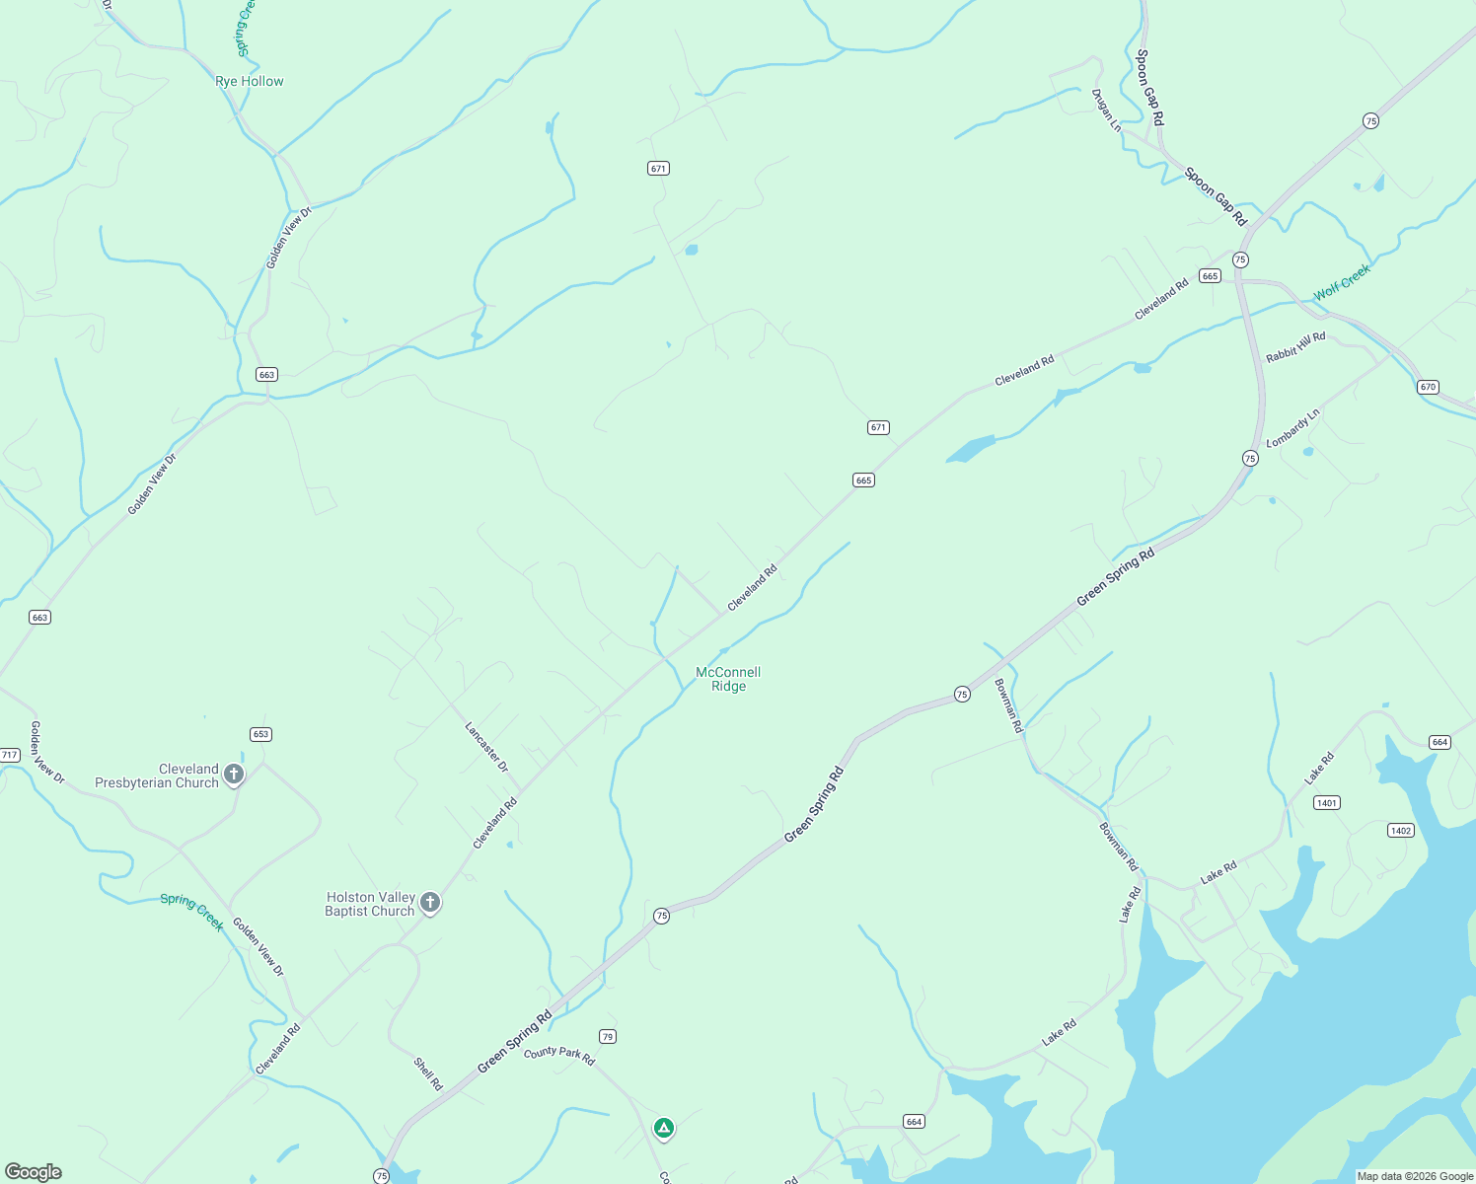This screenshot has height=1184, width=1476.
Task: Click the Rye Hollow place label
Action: point(249,81)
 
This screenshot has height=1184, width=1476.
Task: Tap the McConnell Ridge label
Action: point(728,679)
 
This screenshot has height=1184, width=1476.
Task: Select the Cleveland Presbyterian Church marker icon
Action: point(234,775)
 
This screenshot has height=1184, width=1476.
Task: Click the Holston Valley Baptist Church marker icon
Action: point(429,902)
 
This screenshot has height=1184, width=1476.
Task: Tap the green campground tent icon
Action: point(664,1127)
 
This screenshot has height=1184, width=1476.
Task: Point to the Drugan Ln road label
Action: point(1106,110)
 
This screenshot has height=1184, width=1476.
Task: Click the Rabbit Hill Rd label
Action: point(1295,346)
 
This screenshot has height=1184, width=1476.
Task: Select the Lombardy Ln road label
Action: point(1292,428)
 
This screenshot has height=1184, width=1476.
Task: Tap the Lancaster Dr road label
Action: point(486,747)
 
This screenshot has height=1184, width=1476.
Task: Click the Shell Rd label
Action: point(428,1073)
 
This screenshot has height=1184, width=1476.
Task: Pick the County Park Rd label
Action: point(559,1055)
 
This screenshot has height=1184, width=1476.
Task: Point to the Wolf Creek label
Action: point(1342,281)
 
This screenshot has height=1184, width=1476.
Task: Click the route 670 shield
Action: point(1428,387)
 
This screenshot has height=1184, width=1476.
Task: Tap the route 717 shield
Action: point(9,755)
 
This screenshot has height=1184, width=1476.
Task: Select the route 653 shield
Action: point(260,734)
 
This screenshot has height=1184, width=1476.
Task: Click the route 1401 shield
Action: point(1327,803)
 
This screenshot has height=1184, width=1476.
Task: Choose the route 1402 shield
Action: point(1401,830)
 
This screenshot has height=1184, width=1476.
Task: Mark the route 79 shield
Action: point(608,1036)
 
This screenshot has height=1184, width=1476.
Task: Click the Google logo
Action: point(33,1172)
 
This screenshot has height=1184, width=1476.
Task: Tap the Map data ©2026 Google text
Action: point(1415,1176)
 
